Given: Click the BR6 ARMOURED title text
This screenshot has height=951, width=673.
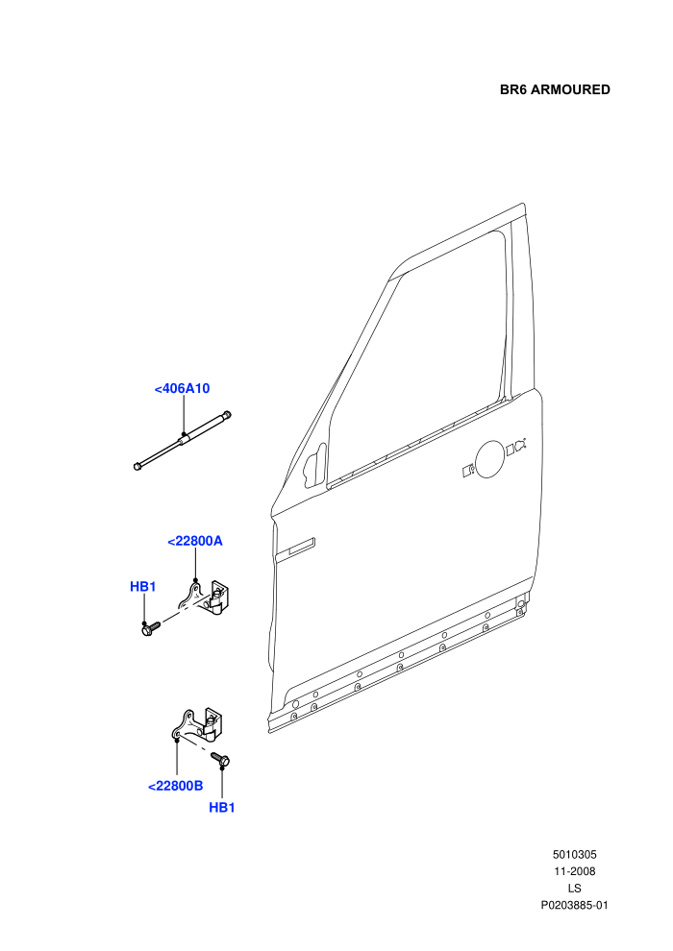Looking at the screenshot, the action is [555, 89].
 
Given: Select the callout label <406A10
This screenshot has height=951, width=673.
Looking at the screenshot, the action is [182, 388].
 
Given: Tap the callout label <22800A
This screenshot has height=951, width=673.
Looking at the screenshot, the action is [195, 541].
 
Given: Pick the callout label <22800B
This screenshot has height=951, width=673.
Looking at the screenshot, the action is [175, 786].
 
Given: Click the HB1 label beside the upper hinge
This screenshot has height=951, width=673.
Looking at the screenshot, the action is [143, 587].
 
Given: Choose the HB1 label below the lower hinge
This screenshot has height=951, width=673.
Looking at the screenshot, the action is [222, 808].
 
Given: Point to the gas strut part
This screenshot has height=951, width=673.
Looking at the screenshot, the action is [183, 440].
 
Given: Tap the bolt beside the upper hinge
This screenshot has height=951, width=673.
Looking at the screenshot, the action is [150, 628].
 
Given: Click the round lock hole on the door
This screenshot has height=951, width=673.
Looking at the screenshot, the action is [490, 458].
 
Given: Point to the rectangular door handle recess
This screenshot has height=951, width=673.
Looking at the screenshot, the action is [295, 549].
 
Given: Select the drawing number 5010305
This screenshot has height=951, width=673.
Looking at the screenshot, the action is [574, 855].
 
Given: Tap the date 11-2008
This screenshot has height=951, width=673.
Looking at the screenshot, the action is [574, 871].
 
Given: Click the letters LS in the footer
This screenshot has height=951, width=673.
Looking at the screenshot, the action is [574, 889].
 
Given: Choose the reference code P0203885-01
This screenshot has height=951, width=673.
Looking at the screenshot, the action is [574, 906].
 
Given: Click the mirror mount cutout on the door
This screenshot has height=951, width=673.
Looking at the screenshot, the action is [314, 466].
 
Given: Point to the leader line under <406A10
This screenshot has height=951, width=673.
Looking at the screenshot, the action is [184, 415].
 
